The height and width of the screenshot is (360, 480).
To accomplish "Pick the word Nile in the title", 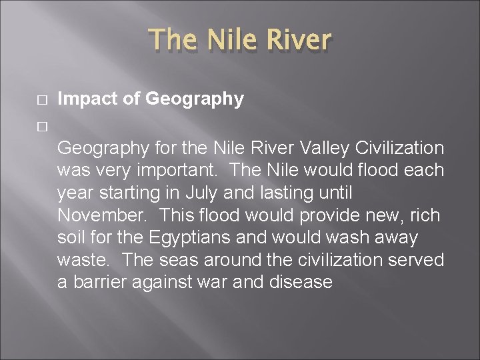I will (228, 40).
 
